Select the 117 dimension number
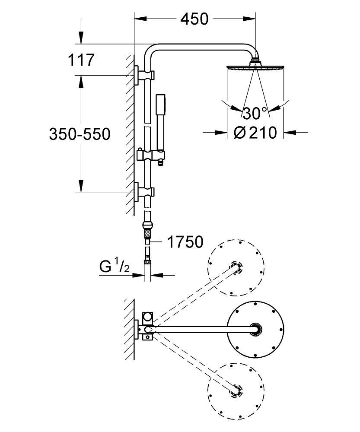pyautogui.click(x=81, y=60)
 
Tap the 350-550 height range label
pyautogui.click(x=80, y=134)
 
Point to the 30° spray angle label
pyautogui.click(x=255, y=114)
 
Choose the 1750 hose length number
pyautogui.click(x=185, y=242)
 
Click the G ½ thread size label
pyautogui.click(x=114, y=267)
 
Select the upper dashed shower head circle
pyautogui.click(x=236, y=267)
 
